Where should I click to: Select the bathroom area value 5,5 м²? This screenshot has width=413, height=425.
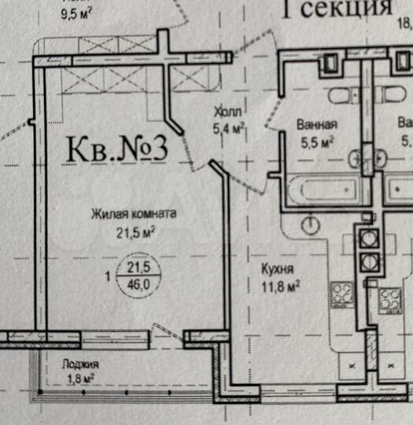318,142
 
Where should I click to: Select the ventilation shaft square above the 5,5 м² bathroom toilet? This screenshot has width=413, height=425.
331,61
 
